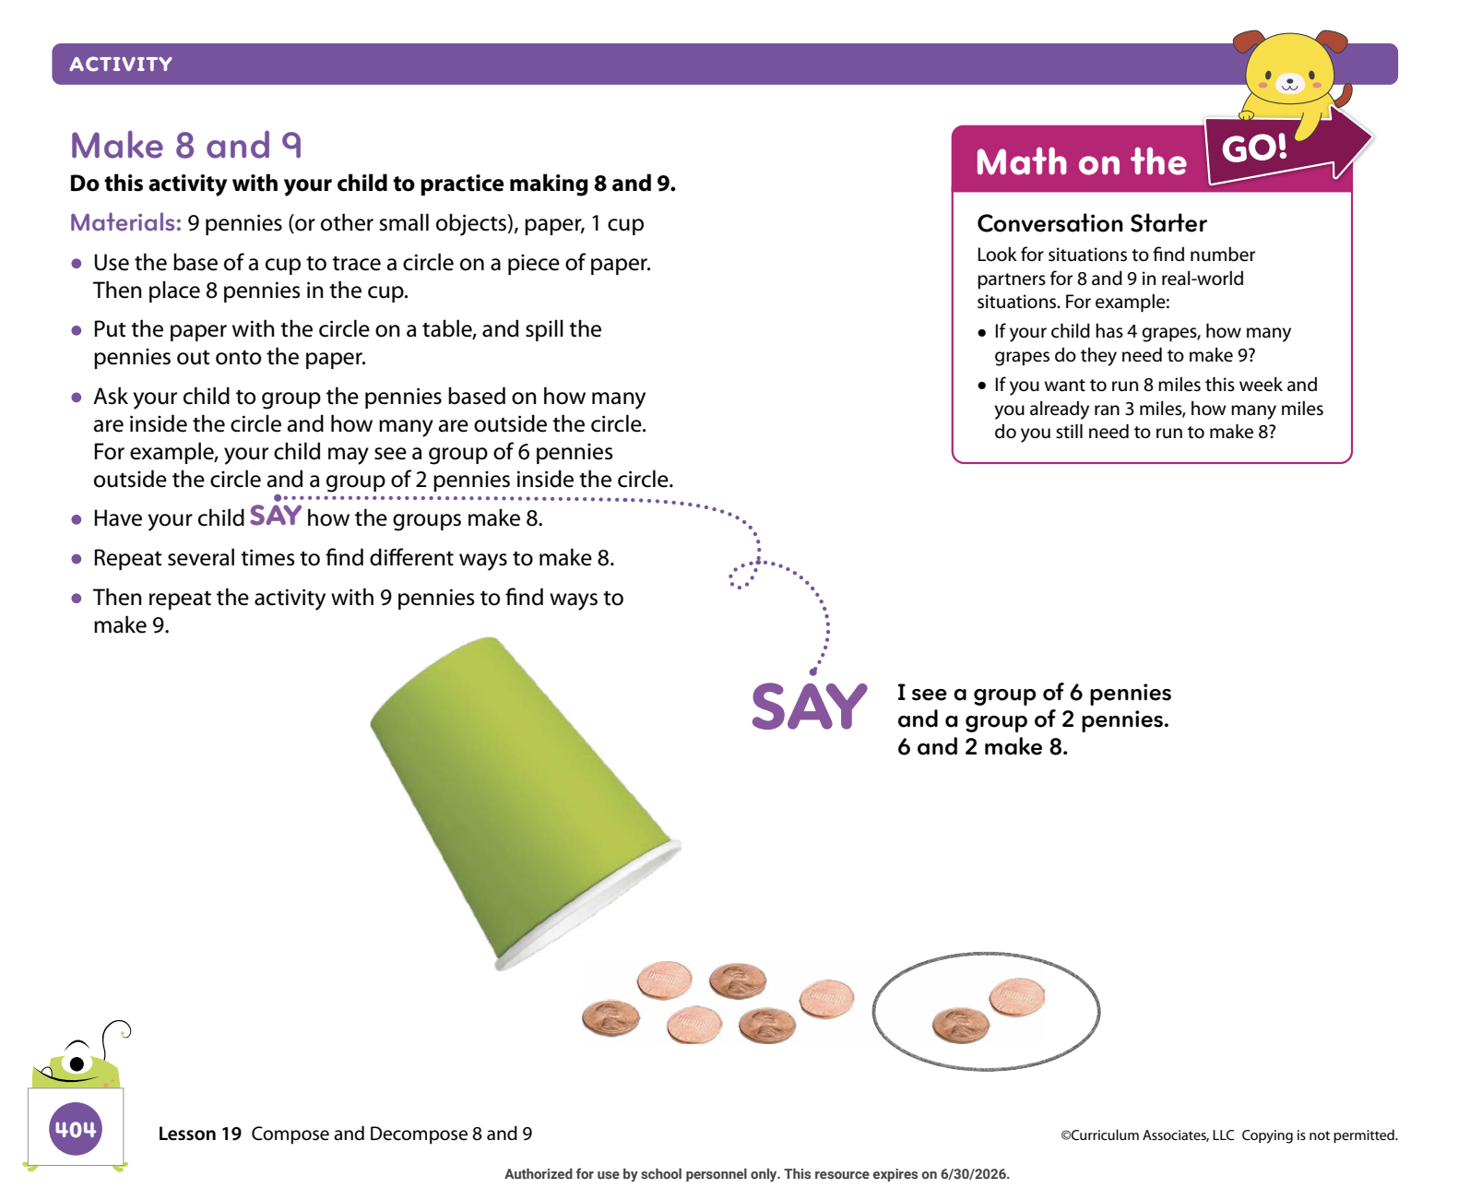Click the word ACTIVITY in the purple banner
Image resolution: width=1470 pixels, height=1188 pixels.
[120, 64]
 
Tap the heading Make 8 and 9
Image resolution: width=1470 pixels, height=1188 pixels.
[185, 145]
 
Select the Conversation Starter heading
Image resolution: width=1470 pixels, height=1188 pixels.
[1090, 223]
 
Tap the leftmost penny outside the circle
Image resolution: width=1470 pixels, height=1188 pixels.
[610, 1016]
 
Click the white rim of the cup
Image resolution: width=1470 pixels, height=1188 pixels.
[588, 904]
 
